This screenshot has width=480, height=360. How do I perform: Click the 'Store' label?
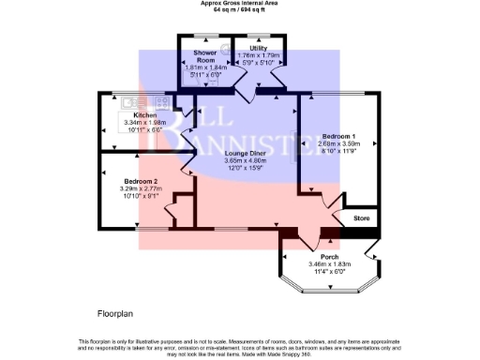pyautogui.click(x=363, y=219)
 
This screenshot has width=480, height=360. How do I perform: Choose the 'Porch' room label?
pyautogui.click(x=329, y=257)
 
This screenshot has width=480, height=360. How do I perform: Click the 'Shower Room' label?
pyautogui.click(x=205, y=56)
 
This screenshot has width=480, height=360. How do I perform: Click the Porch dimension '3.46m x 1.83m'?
pyautogui.click(x=329, y=264)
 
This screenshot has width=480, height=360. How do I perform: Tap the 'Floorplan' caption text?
pyautogui.click(x=118, y=311)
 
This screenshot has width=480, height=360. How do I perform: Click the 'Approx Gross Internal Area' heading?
pyautogui.click(x=240, y=3)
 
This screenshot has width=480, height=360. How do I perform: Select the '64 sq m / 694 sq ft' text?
pyautogui.click(x=240, y=9)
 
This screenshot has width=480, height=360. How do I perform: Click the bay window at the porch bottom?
pyautogui.click(x=329, y=292)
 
